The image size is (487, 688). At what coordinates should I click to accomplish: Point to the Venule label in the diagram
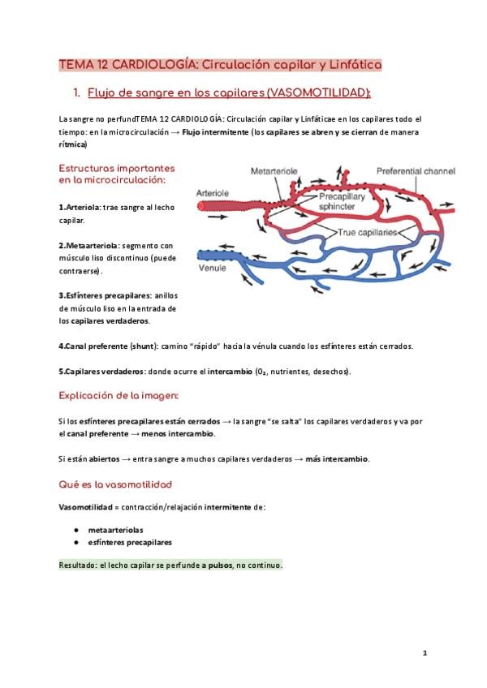click(213, 268)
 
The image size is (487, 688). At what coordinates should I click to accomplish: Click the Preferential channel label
click(416, 172)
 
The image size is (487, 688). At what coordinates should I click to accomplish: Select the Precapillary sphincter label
click(342, 200)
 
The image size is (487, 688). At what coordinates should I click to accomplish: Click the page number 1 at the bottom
click(425, 652)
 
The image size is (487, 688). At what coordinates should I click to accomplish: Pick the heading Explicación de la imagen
click(119, 395)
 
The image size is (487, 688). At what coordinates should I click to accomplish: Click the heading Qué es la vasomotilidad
click(114, 484)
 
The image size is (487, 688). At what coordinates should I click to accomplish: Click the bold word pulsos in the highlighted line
click(219, 565)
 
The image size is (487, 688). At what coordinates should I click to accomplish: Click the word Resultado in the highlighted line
click(78, 565)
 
